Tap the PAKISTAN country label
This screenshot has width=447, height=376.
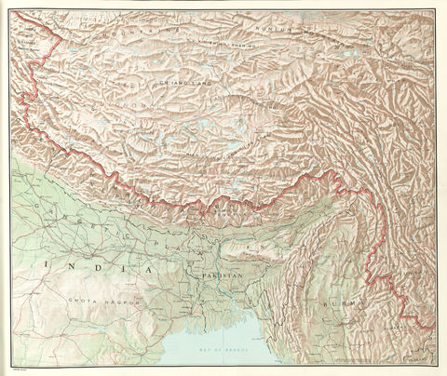point(221,277)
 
